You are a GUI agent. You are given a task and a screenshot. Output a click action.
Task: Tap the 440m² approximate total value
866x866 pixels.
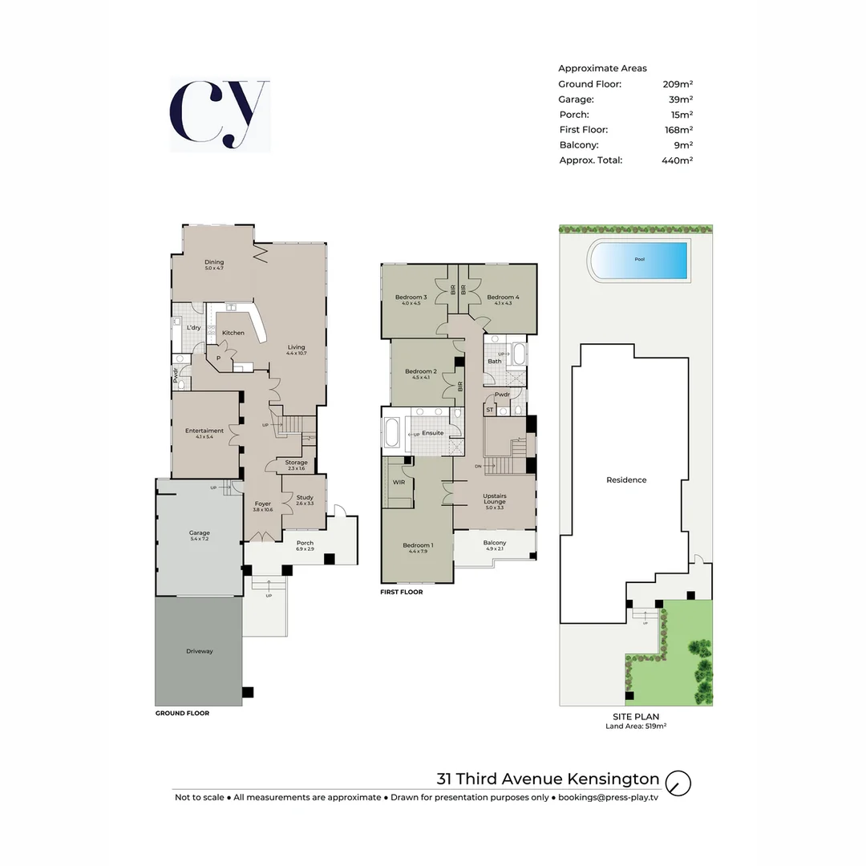coord(677,160)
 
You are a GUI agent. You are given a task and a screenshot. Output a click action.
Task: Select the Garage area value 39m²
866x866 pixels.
coord(681,99)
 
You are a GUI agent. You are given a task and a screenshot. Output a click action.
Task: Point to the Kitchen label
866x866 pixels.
coord(233,333)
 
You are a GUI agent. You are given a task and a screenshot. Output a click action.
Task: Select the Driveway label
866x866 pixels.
coord(199,651)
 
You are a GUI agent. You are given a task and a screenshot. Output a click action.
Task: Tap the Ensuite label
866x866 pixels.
coord(433,433)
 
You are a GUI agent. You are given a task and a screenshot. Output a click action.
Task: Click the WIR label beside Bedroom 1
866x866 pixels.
coord(399,482)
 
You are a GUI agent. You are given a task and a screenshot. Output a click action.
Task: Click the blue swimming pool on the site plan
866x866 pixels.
coord(638,260)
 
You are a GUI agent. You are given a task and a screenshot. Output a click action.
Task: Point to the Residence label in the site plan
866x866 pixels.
coord(626,480)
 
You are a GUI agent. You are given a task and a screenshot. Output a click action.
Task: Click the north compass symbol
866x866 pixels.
coord(678,783)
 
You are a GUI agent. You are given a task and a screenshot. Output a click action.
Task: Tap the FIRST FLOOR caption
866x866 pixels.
coord(402,593)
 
